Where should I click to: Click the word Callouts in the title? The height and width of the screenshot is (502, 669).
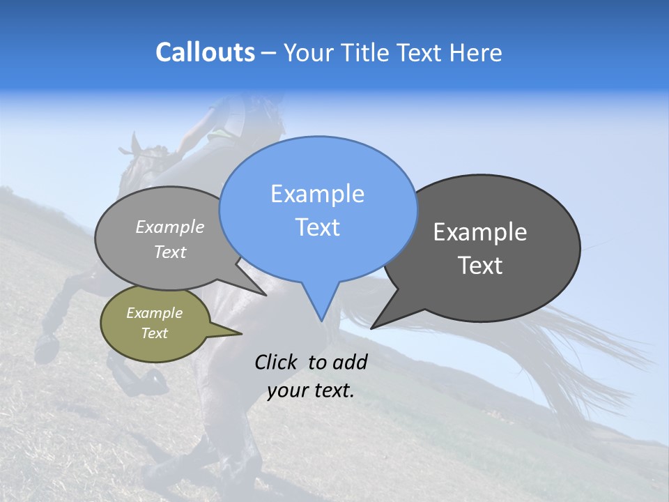coord(205,52)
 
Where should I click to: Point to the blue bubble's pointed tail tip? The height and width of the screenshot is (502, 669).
coord(321,320)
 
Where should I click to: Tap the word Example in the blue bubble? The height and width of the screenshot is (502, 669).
coord(317,194)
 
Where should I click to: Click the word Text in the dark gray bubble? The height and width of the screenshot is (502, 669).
coord(481,266)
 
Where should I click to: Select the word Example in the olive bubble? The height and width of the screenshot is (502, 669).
coord(154,313)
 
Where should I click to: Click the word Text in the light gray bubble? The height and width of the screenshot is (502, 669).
coord(170,252)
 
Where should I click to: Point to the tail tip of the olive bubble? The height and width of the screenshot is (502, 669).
coord(240,333)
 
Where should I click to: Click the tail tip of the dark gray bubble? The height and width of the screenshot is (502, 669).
coord(372,328)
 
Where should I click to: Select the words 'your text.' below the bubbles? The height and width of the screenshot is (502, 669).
coord(311,390)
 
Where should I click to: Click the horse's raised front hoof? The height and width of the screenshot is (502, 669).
coord(46,343)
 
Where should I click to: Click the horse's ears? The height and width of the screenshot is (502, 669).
coord(132,146)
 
